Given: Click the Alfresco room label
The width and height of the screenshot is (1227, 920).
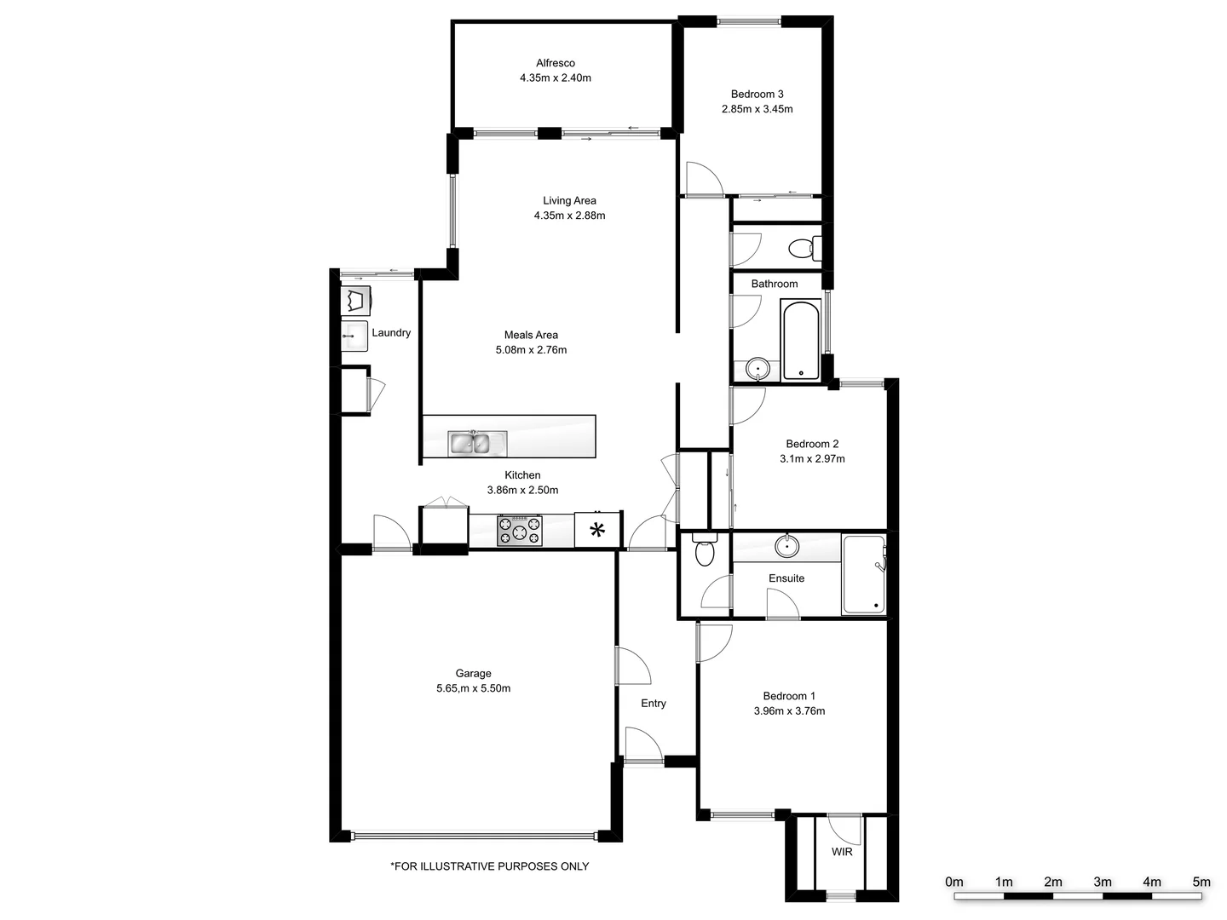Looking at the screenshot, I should click(x=556, y=63).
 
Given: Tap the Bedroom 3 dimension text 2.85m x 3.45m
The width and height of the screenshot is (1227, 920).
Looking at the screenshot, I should click(x=757, y=109).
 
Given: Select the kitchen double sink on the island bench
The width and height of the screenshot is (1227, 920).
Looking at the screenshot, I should click(x=477, y=443).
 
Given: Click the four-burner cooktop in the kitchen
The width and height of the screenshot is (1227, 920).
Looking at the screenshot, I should click(x=519, y=531).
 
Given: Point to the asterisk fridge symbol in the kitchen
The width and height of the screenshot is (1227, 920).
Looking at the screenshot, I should click(x=597, y=530).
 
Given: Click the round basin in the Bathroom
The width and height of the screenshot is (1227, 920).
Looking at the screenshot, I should click(x=757, y=369).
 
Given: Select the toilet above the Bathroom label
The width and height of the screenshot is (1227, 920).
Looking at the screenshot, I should click(x=802, y=249).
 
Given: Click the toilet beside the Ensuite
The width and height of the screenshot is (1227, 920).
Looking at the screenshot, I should click(x=704, y=553).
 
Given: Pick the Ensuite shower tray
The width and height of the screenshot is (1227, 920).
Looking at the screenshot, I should click(x=863, y=575).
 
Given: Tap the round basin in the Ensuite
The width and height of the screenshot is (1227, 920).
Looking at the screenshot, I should click(x=786, y=546).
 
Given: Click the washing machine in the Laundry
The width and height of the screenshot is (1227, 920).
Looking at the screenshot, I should click(x=354, y=301).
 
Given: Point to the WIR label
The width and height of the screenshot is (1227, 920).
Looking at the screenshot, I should click(x=842, y=852).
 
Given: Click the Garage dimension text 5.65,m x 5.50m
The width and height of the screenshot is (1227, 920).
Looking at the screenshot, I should click(x=473, y=688).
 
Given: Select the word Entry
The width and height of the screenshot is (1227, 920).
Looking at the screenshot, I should click(x=654, y=704).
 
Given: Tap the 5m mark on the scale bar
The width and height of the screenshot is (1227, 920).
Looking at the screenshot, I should click(x=1201, y=883).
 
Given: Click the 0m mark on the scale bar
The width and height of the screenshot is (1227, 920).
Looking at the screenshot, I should click(x=954, y=883).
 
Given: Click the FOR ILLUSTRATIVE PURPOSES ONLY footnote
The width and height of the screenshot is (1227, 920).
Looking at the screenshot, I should click(x=489, y=866).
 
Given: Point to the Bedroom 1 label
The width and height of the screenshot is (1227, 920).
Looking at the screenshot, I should click(x=789, y=696).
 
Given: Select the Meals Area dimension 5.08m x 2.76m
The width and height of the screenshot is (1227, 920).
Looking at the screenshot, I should click(x=531, y=350).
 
